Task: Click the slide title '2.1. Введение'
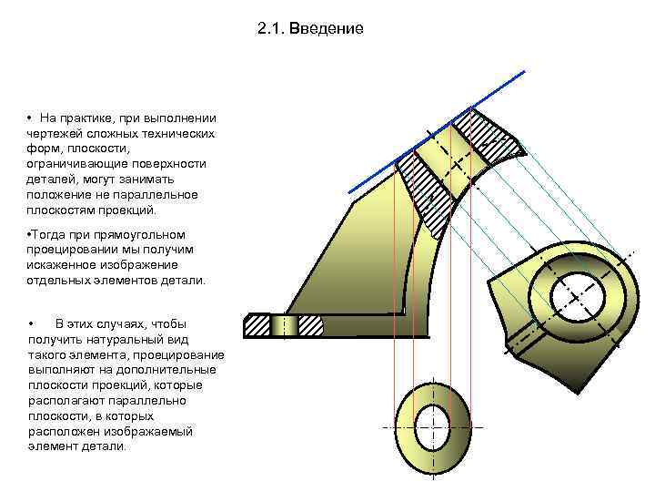pyautogui.click(x=310, y=28)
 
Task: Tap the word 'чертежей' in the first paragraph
pyautogui.click(x=53, y=134)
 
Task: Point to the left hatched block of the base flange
pyautogui.click(x=257, y=325)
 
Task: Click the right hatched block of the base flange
pyautogui.click(x=309, y=325)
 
